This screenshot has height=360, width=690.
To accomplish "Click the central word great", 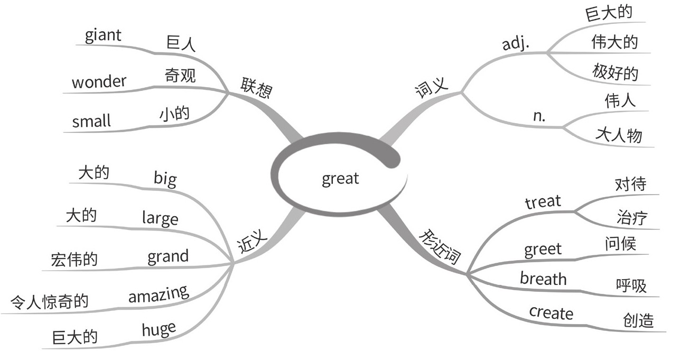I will (340, 179).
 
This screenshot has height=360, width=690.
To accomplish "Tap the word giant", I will (102, 35).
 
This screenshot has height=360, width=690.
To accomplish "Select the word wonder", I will (99, 81).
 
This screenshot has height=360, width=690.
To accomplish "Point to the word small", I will (91, 121).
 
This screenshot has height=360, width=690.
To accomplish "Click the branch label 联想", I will (257, 88).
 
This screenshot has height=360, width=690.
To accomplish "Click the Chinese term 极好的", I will (615, 72).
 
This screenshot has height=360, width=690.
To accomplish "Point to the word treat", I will (543, 201).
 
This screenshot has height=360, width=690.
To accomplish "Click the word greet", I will (543, 249).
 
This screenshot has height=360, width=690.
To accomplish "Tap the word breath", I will (543, 279).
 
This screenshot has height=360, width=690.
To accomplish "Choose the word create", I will (551, 312).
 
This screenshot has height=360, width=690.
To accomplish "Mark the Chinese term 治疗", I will (631, 217).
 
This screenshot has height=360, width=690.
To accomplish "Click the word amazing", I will (158, 294).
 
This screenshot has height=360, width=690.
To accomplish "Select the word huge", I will (158, 329).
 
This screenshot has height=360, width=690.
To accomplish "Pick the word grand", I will (167, 256).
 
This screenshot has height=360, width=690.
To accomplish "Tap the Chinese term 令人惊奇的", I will (49, 302).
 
